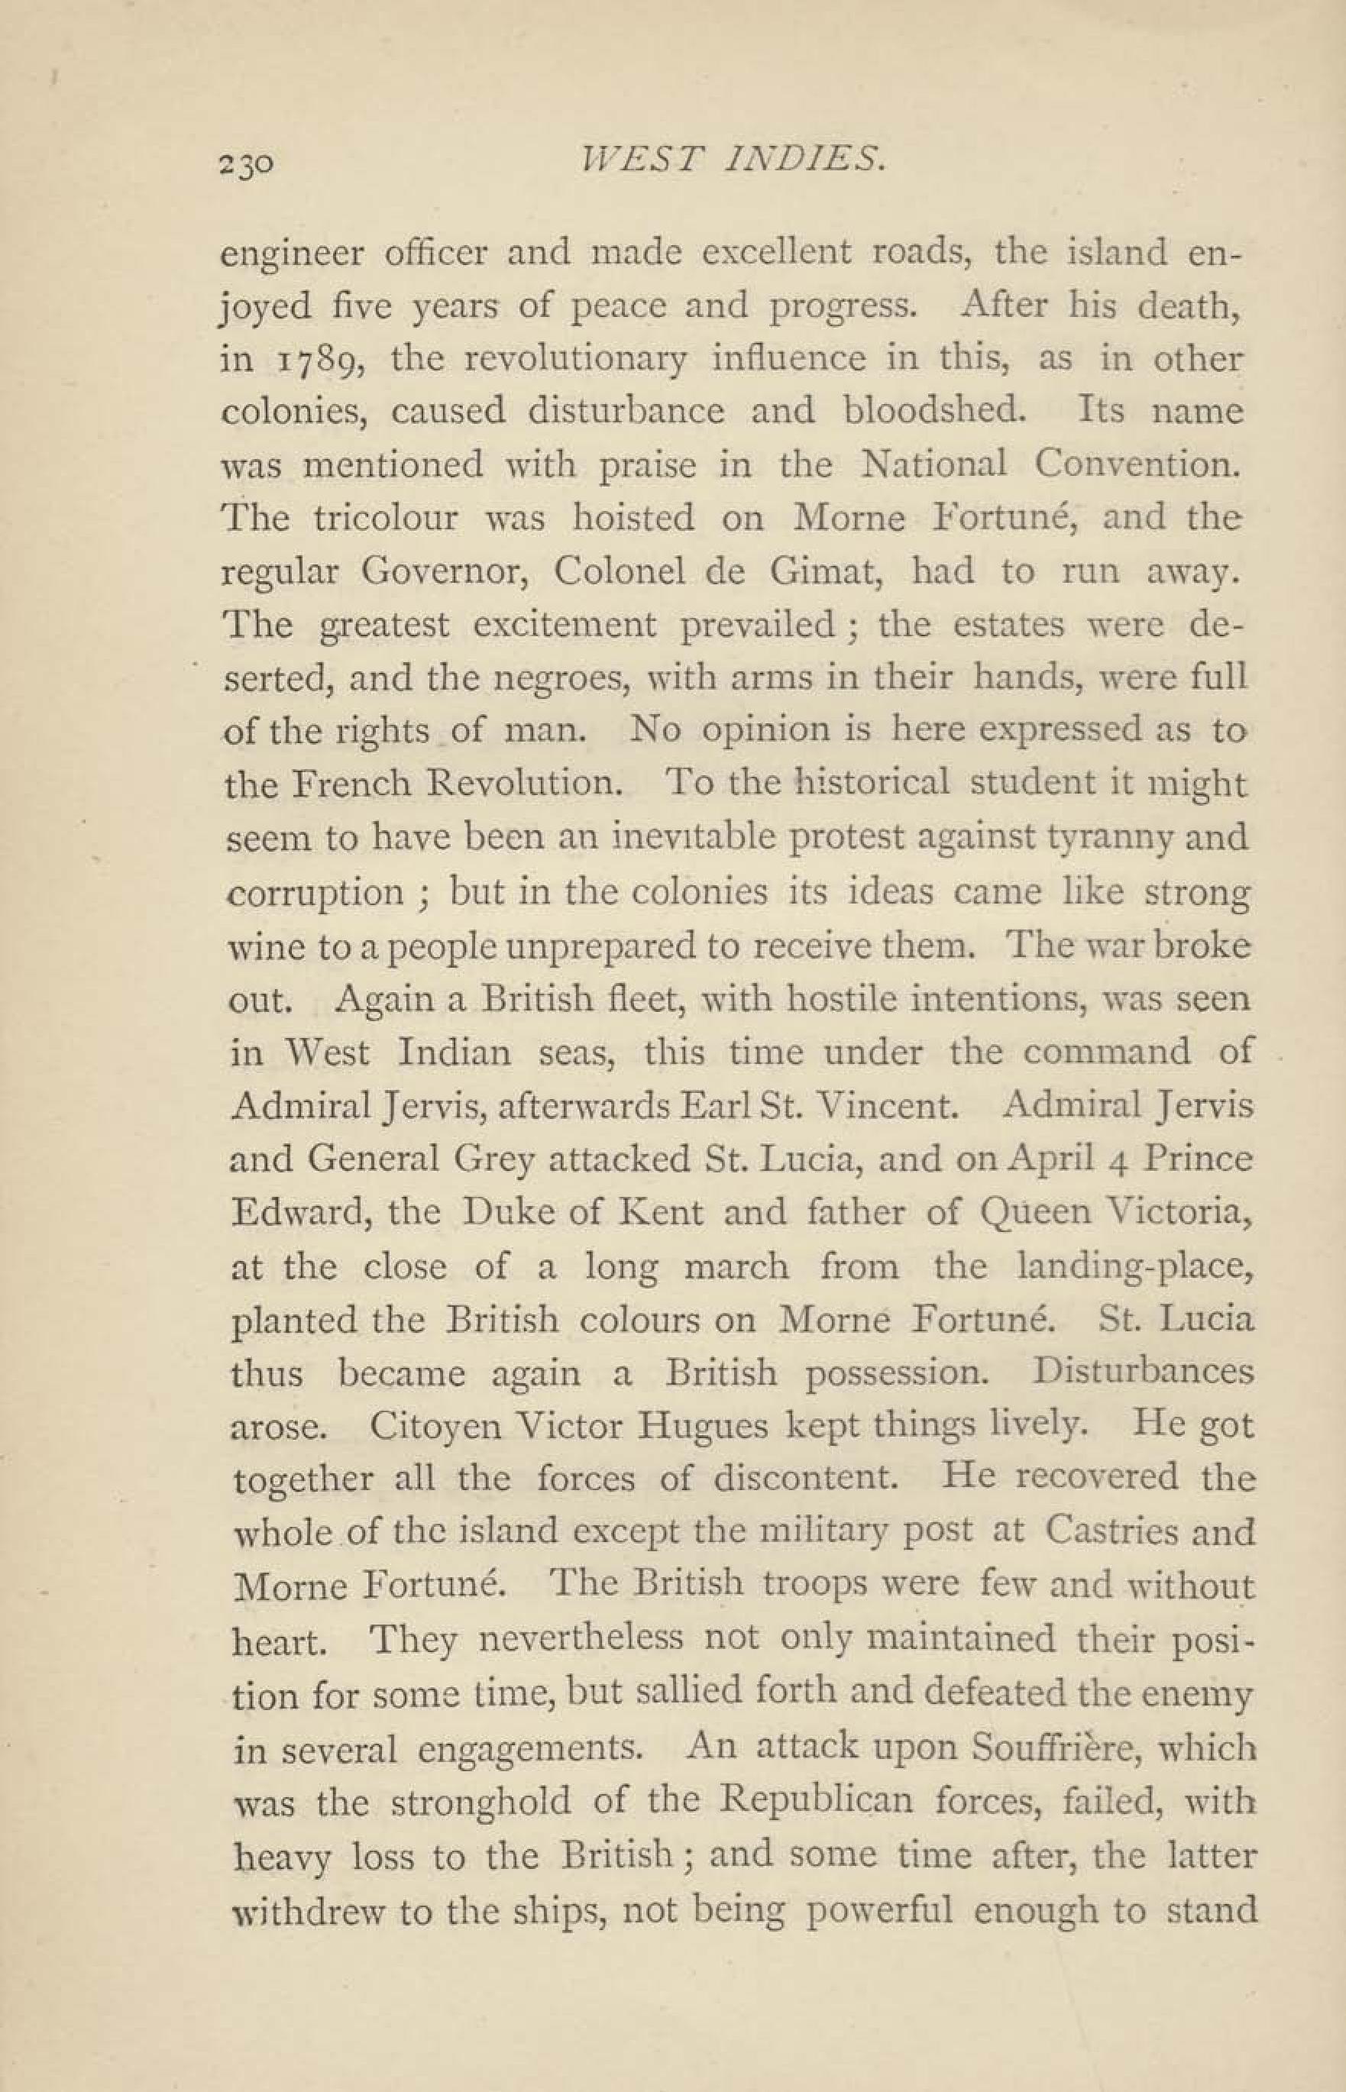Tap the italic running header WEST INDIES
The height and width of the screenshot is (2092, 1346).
(727, 160)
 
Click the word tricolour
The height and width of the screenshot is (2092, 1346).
(386, 519)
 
